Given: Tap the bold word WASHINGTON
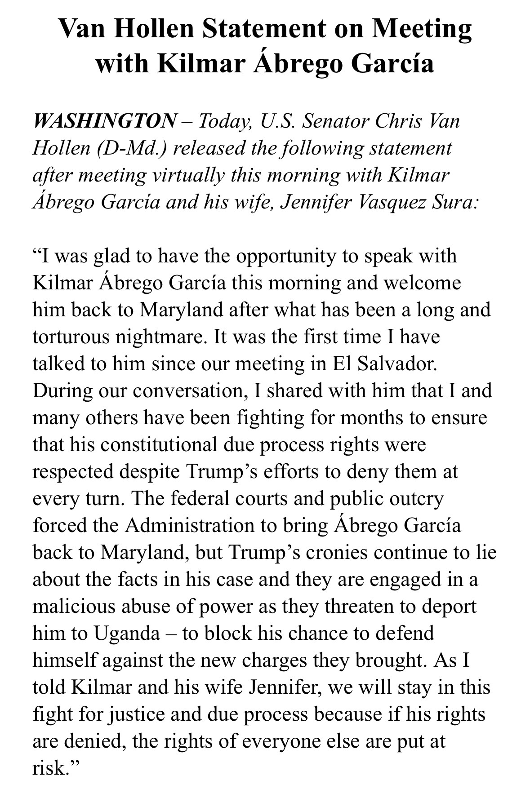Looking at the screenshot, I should (105, 121).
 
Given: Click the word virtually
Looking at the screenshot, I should (188, 175).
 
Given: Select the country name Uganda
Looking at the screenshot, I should (127, 634).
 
